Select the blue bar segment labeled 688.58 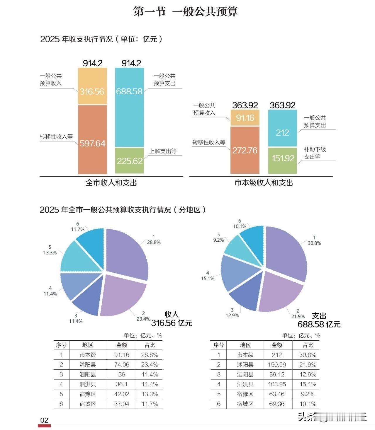point(129,107)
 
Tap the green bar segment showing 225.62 point(129,161)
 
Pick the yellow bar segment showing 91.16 point(245,118)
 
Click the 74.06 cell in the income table point(122,365)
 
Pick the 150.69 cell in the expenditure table point(277,365)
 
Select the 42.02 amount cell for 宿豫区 point(122,394)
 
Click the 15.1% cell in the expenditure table point(308,384)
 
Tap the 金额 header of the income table point(122,345)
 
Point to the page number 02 point(44,420)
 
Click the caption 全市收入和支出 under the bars point(111,183)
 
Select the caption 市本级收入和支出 point(264,183)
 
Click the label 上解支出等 point(163,151)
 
